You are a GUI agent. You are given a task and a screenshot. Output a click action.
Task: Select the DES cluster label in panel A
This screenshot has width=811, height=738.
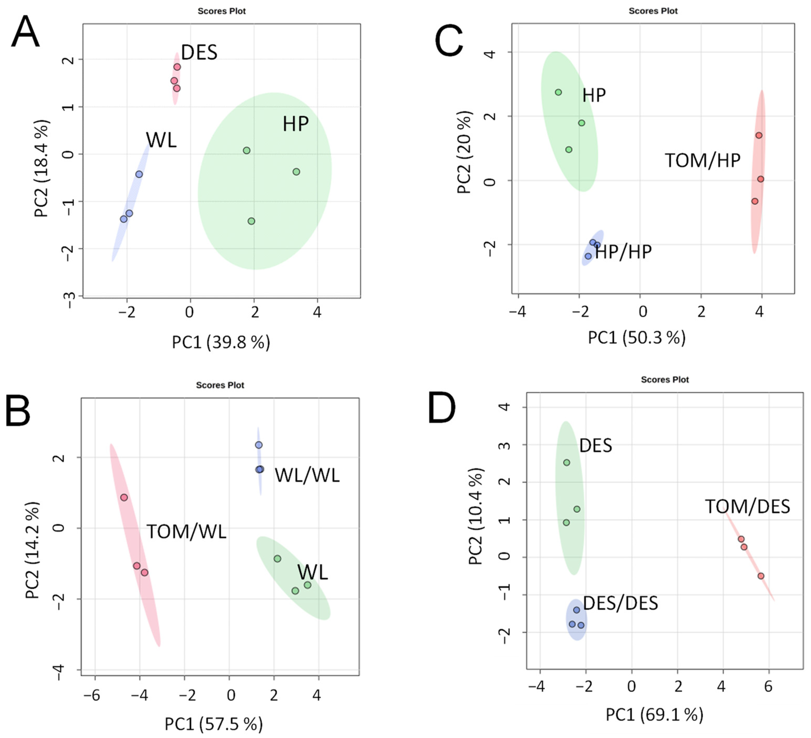[199, 52]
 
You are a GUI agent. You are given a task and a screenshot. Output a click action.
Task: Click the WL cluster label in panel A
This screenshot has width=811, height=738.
[161, 140]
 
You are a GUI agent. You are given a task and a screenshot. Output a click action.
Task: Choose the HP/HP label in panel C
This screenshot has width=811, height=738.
[623, 252]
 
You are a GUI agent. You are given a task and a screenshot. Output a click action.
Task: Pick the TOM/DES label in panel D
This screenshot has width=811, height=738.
[747, 506]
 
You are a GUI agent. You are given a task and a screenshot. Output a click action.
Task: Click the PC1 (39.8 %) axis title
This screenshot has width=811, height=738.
[221, 342]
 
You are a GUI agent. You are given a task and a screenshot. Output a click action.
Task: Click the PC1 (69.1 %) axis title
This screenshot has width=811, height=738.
[654, 714]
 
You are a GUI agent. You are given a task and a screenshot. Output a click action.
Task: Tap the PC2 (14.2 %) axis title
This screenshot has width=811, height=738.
[32, 550]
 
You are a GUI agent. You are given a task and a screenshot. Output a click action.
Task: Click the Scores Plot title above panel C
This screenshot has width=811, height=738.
[653, 11]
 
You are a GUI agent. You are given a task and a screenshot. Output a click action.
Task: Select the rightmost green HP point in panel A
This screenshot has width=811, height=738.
[296, 172]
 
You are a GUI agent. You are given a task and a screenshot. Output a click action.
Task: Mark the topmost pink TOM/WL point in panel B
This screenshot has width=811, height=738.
[124, 497]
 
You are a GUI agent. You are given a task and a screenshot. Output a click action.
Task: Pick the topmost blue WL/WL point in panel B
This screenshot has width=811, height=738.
[259, 445]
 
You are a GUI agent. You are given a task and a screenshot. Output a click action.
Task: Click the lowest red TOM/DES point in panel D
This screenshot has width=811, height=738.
[761, 576]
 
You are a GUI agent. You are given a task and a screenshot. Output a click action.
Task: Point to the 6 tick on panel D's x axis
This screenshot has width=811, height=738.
[768, 687]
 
